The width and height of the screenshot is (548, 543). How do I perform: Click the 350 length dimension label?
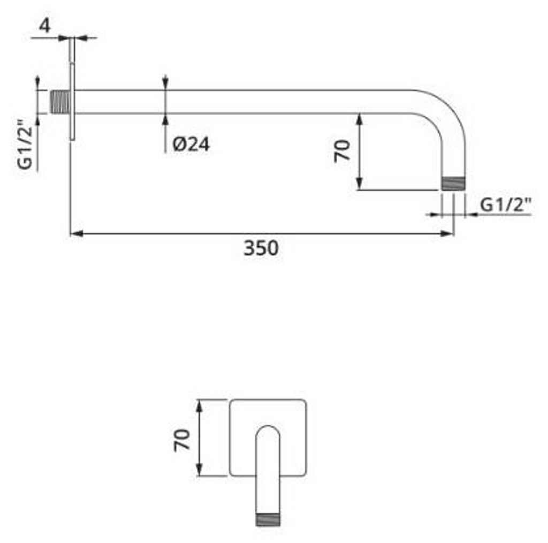pos(261,248)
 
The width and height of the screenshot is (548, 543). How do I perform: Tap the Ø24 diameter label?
pos(191,144)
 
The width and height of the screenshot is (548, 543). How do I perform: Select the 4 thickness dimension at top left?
pos(45,25)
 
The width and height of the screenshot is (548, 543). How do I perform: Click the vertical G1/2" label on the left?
pos(25,145)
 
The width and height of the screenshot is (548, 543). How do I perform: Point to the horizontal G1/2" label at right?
pos(506,205)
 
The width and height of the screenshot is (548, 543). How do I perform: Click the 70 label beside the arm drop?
pos(342,151)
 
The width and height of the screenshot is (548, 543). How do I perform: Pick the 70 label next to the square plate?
pos(182,440)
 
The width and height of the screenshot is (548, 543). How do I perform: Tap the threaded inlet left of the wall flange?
pos(60,102)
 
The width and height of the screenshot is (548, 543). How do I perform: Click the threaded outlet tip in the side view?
pos(453,184)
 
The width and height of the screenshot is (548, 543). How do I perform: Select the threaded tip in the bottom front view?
pos(268,519)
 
